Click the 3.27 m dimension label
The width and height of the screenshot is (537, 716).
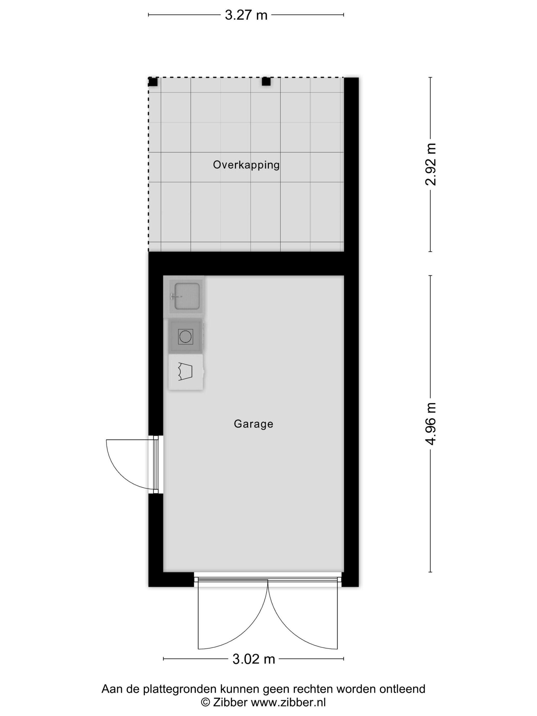click(x=246, y=15)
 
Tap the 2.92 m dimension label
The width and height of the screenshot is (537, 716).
click(x=431, y=164)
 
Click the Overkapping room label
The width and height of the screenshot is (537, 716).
click(x=246, y=165)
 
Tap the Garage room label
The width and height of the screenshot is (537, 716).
click(x=253, y=424)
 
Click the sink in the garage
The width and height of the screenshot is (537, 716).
click(x=186, y=296)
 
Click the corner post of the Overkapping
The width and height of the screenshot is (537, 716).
click(x=153, y=82)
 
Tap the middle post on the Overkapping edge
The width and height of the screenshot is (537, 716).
click(x=266, y=81)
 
